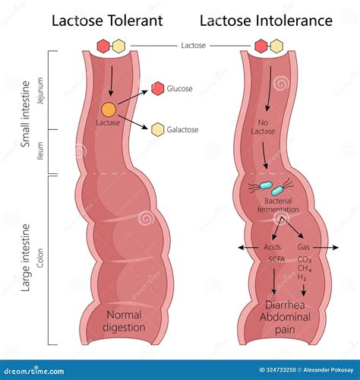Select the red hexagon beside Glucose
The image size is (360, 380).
(157, 88)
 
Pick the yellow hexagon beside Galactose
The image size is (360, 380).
(158, 129)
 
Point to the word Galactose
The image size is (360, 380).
(185, 129)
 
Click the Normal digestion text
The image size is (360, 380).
(125, 321)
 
